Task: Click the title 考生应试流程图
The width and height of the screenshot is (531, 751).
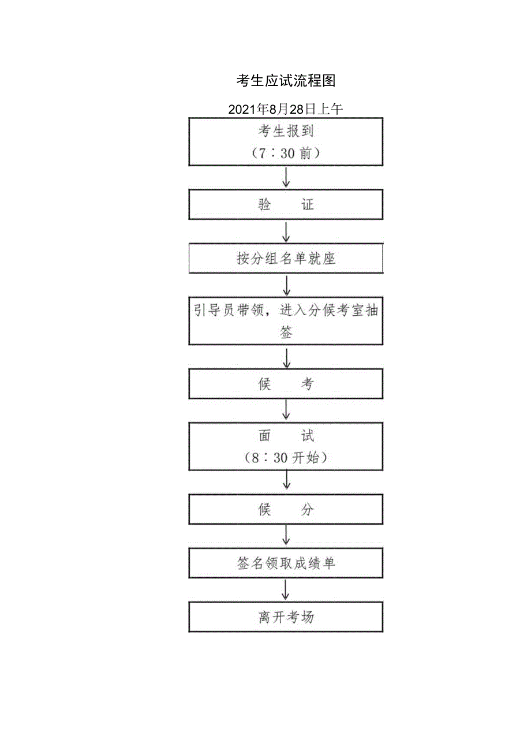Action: click(286, 81)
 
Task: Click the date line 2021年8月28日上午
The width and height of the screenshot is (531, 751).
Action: click(286, 109)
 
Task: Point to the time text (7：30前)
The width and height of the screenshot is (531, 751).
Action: click(286, 154)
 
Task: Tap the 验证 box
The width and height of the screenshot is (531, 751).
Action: click(286, 204)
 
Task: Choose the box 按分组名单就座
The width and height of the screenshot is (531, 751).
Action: click(286, 259)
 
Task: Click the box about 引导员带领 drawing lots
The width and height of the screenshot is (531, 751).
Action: click(286, 321)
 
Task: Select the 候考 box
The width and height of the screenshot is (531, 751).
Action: click(286, 384)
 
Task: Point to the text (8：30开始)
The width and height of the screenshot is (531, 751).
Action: click(286, 458)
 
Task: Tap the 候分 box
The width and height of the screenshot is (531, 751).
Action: click(286, 510)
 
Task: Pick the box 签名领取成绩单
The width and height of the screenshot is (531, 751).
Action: click(286, 563)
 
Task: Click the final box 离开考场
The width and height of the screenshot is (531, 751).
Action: click(286, 617)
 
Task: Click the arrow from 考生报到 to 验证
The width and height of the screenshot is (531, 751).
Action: click(286, 178)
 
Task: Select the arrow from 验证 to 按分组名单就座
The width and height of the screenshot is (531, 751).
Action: click(286, 232)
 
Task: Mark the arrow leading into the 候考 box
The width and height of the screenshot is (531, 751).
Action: click(286, 358)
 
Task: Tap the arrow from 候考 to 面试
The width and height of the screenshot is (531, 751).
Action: click(286, 410)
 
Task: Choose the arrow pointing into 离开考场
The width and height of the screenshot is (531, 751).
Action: click(286, 590)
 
